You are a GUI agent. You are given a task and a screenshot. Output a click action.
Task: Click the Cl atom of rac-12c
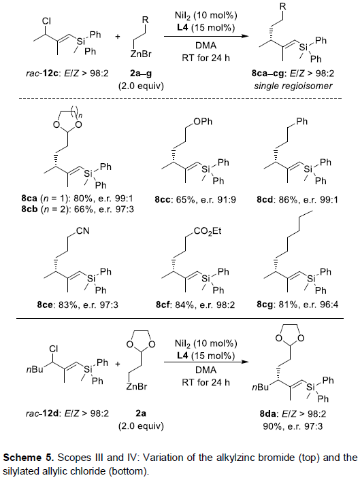pos(46,21)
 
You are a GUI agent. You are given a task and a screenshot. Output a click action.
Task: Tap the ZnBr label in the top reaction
pos(141,54)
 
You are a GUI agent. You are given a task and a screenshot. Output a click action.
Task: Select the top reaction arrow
pos(206,37)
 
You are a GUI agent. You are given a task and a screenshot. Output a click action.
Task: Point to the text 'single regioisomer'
pos(293,86)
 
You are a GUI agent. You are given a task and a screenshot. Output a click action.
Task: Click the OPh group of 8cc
pos(203,122)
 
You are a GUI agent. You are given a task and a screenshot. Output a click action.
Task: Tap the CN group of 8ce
pos(83,230)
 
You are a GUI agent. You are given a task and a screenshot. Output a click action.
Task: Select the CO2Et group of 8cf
pos(208,231)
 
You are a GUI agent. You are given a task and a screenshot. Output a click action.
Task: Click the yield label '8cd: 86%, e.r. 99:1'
pos(297,200)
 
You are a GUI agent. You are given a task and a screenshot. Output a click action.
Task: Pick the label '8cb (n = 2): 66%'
pos(57,209)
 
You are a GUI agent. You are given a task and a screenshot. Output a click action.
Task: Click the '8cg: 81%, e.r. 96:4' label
pos(297,305)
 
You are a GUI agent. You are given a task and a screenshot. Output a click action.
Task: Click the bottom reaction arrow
pos(206,362)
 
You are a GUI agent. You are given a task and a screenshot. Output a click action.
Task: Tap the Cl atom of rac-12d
pos(54,349)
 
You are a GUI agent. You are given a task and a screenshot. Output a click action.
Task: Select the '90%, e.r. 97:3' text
pos(293,426)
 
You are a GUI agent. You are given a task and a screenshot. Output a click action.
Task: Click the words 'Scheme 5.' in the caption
pos(29,458)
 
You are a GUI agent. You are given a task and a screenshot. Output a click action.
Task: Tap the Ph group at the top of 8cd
pos(301,122)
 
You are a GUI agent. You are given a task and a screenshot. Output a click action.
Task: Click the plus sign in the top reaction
pos(118,37)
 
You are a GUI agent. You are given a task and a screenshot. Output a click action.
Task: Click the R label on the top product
pos(283,7)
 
